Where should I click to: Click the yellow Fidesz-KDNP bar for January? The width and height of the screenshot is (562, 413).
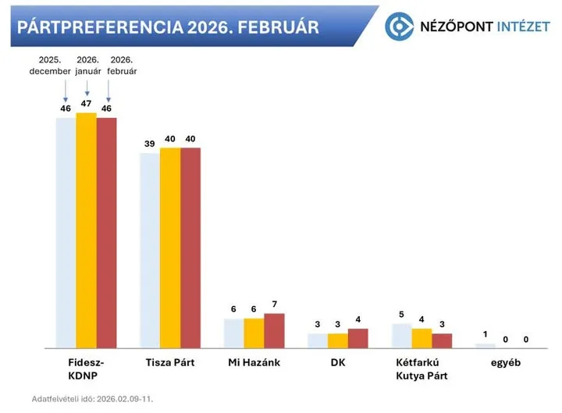(86, 230)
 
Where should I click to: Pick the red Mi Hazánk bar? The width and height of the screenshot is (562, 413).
(274, 330)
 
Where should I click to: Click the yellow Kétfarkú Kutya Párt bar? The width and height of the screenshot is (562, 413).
(421, 338)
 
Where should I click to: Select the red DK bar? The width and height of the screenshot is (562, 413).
(357, 338)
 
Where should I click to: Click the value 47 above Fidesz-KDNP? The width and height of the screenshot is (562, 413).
(86, 103)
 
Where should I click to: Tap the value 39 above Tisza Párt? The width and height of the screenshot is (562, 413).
(149, 144)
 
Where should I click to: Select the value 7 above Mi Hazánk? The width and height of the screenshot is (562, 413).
(274, 304)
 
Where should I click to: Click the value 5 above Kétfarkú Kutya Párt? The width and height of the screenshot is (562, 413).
(401, 314)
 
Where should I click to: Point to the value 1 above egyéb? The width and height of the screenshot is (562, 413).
(485, 334)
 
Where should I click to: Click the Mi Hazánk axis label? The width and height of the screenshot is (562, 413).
(254, 363)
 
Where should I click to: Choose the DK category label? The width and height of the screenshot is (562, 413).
(338, 363)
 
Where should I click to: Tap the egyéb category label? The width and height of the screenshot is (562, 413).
(505, 363)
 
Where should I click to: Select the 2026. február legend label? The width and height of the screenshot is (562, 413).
(122, 66)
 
